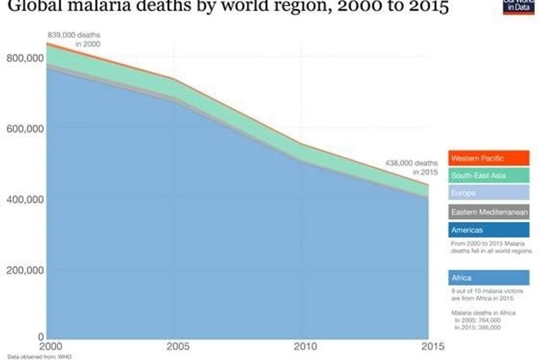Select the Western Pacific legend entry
(489, 158)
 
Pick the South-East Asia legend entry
(489, 176)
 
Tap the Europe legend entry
(489, 193)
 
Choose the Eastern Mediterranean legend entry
(489, 212)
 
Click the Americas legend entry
(489, 230)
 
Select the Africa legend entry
(489, 277)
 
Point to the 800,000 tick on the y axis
(25, 59)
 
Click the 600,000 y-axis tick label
(25, 129)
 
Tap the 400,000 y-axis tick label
(25, 199)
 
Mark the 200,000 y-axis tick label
(25, 270)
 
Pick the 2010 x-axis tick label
(303, 347)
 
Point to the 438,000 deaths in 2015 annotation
(411, 167)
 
